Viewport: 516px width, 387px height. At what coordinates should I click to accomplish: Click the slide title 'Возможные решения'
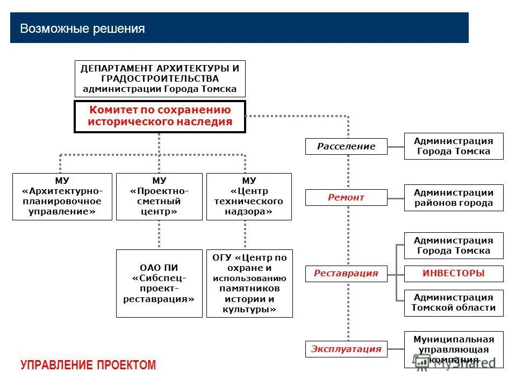[x=82, y=28]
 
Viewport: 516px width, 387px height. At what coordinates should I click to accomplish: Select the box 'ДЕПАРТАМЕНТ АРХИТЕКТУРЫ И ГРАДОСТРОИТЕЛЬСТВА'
[x=159, y=78]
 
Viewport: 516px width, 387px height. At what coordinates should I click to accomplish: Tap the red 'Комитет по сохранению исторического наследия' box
[x=160, y=116]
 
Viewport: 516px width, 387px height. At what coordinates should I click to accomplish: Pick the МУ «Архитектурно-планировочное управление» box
[x=62, y=196]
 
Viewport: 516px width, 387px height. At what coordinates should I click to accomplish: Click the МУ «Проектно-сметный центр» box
[x=159, y=196]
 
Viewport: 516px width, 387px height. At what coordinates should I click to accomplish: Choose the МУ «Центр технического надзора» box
[x=249, y=196]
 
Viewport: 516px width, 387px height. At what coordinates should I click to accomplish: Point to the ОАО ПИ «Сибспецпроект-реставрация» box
[x=159, y=283]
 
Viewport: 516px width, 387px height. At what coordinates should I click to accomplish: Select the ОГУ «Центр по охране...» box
[x=249, y=283]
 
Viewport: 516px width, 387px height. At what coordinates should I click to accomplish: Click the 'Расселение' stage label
[x=346, y=146]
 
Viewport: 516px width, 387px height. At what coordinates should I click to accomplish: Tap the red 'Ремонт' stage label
[x=346, y=197]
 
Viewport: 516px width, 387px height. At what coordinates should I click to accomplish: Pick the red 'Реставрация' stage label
[x=346, y=274]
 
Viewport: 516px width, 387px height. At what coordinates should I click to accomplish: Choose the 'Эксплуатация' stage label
[x=346, y=349]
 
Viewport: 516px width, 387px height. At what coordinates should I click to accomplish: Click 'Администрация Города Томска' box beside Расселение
[x=454, y=146]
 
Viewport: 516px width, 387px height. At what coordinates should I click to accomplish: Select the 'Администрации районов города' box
[x=454, y=198]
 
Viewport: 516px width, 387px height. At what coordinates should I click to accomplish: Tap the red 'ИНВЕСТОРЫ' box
[x=454, y=274]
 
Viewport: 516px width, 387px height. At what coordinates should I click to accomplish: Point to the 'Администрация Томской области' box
[x=454, y=303]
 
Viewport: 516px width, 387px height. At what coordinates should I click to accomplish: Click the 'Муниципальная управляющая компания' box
[x=454, y=349]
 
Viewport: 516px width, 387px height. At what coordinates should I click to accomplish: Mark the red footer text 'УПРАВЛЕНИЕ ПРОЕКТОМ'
[x=88, y=365]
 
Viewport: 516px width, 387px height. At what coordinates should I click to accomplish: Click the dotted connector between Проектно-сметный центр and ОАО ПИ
[x=159, y=234]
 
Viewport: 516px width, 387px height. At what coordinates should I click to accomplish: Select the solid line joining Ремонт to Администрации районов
[x=396, y=198]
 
